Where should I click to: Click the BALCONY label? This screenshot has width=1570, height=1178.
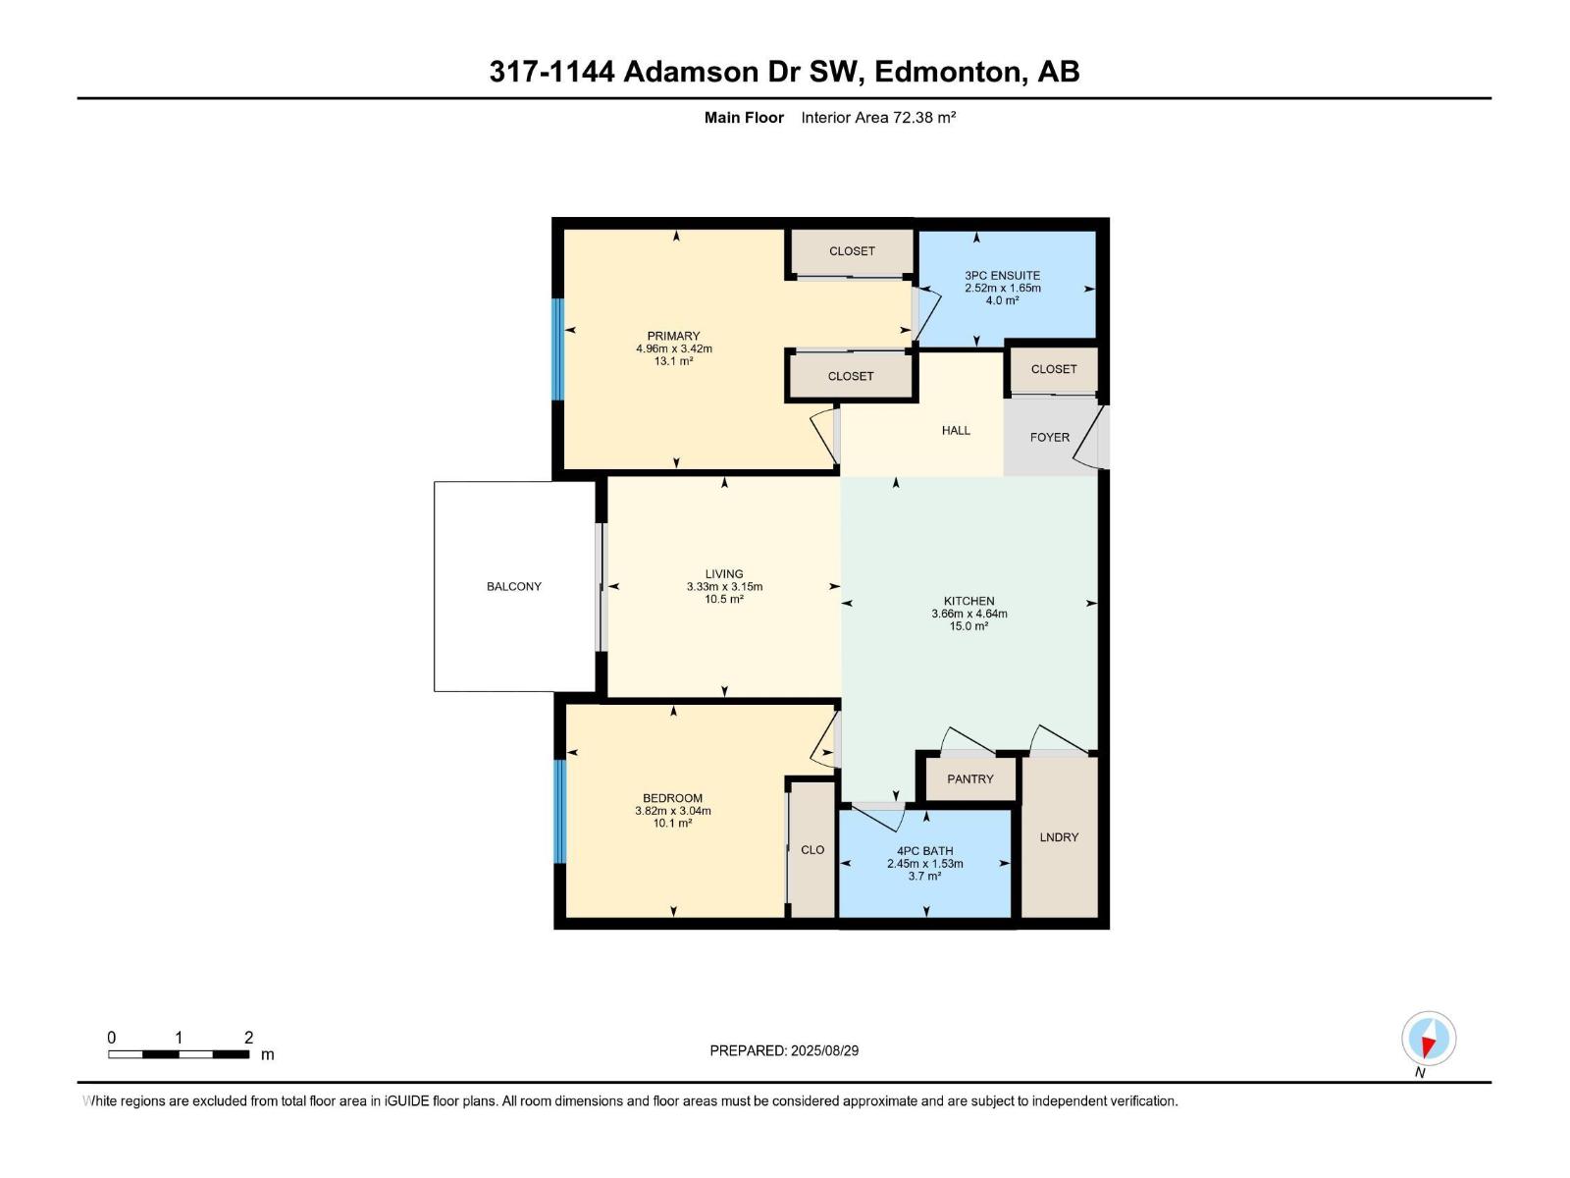coord(513,586)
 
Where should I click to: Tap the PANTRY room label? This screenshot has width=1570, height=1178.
coord(969,778)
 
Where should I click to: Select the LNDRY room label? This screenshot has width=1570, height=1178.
coord(1059,837)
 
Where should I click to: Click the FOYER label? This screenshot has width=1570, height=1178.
coord(1049,437)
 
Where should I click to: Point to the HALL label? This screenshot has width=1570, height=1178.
coord(955,430)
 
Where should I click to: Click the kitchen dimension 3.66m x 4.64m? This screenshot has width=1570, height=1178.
coord(968,614)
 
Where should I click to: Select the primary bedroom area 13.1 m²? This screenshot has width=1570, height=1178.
coord(673,361)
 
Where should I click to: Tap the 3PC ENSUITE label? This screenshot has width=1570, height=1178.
coord(1002,276)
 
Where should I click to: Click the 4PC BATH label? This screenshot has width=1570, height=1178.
coord(924,851)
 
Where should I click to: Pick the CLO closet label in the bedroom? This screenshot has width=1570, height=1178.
coord(812,850)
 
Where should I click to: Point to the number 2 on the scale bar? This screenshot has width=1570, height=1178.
coord(248,1038)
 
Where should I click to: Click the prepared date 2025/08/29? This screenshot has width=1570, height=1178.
coord(824,1050)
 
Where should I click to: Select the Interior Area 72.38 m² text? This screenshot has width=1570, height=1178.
coord(878,118)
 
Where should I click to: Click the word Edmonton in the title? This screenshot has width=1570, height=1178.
coord(947,72)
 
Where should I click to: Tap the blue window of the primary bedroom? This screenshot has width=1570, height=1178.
coord(557,349)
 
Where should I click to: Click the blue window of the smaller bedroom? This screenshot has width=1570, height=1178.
coord(559,811)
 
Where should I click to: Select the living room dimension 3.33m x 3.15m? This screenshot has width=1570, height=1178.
coord(724,587)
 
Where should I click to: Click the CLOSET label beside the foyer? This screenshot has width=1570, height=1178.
coord(1053,369)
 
